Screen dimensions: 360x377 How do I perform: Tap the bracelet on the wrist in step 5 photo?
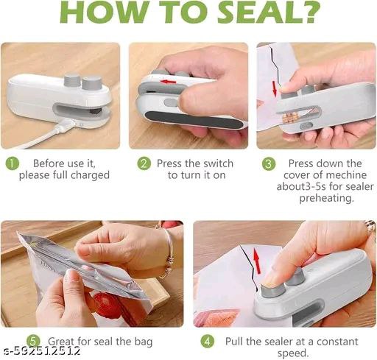(169, 244)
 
